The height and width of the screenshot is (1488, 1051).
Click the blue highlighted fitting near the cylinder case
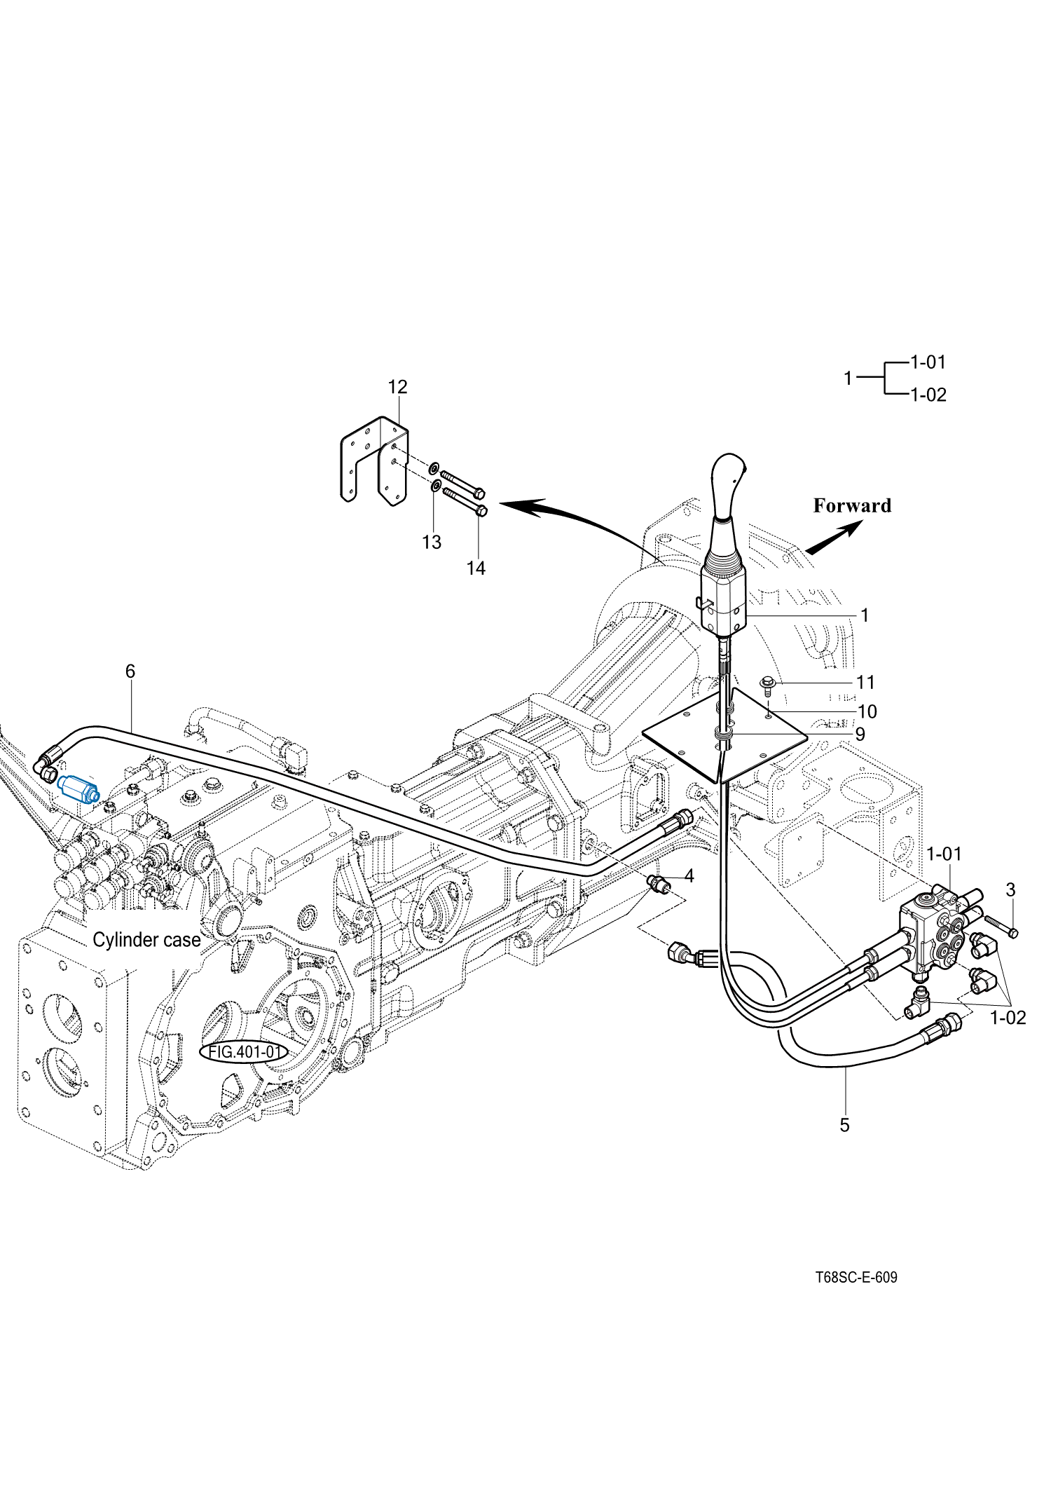tap(79, 789)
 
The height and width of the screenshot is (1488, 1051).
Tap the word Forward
tap(852, 505)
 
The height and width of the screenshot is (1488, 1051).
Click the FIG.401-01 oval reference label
tap(244, 1052)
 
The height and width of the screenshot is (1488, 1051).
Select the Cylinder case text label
tap(146, 940)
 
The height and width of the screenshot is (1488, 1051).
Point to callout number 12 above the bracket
tap(397, 387)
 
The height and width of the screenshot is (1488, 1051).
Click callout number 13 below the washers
tap(432, 542)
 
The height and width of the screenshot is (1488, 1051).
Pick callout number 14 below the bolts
tap(476, 568)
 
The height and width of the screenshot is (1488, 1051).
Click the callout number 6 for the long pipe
tap(130, 671)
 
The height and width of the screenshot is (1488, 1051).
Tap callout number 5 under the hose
tap(844, 1125)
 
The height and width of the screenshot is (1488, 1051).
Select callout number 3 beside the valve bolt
tap(1010, 889)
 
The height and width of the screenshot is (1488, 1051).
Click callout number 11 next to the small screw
tap(865, 682)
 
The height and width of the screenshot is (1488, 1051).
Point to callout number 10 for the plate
tap(867, 711)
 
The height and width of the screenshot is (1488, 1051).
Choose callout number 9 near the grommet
tap(860, 734)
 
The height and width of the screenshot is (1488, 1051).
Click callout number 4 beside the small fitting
tap(689, 875)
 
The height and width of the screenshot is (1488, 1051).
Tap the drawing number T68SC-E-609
tap(856, 1277)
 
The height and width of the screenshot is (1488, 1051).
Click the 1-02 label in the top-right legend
tap(928, 395)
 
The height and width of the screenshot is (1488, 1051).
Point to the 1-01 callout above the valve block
tap(944, 854)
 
